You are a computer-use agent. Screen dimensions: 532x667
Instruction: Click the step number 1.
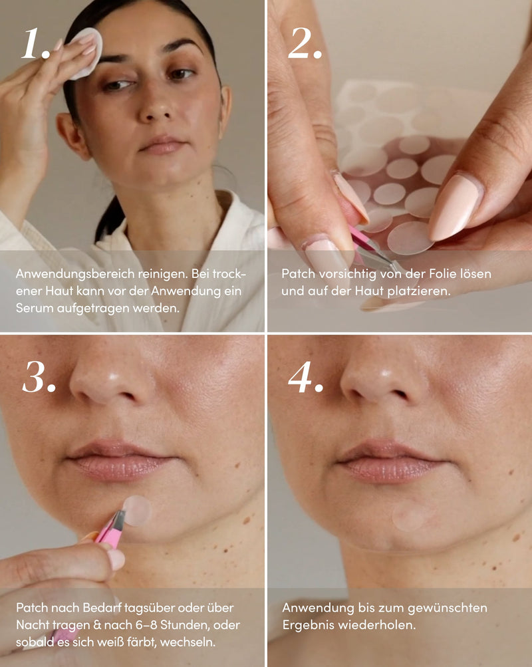tap(36, 44)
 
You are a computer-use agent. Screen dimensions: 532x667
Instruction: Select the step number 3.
tap(39, 377)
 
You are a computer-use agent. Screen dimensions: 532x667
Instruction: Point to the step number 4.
tap(305, 377)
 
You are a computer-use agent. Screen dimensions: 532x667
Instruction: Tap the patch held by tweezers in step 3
tap(137, 511)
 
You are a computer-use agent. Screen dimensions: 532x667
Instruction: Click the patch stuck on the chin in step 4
tap(408, 516)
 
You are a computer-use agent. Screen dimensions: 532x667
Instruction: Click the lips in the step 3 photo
tap(120, 461)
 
